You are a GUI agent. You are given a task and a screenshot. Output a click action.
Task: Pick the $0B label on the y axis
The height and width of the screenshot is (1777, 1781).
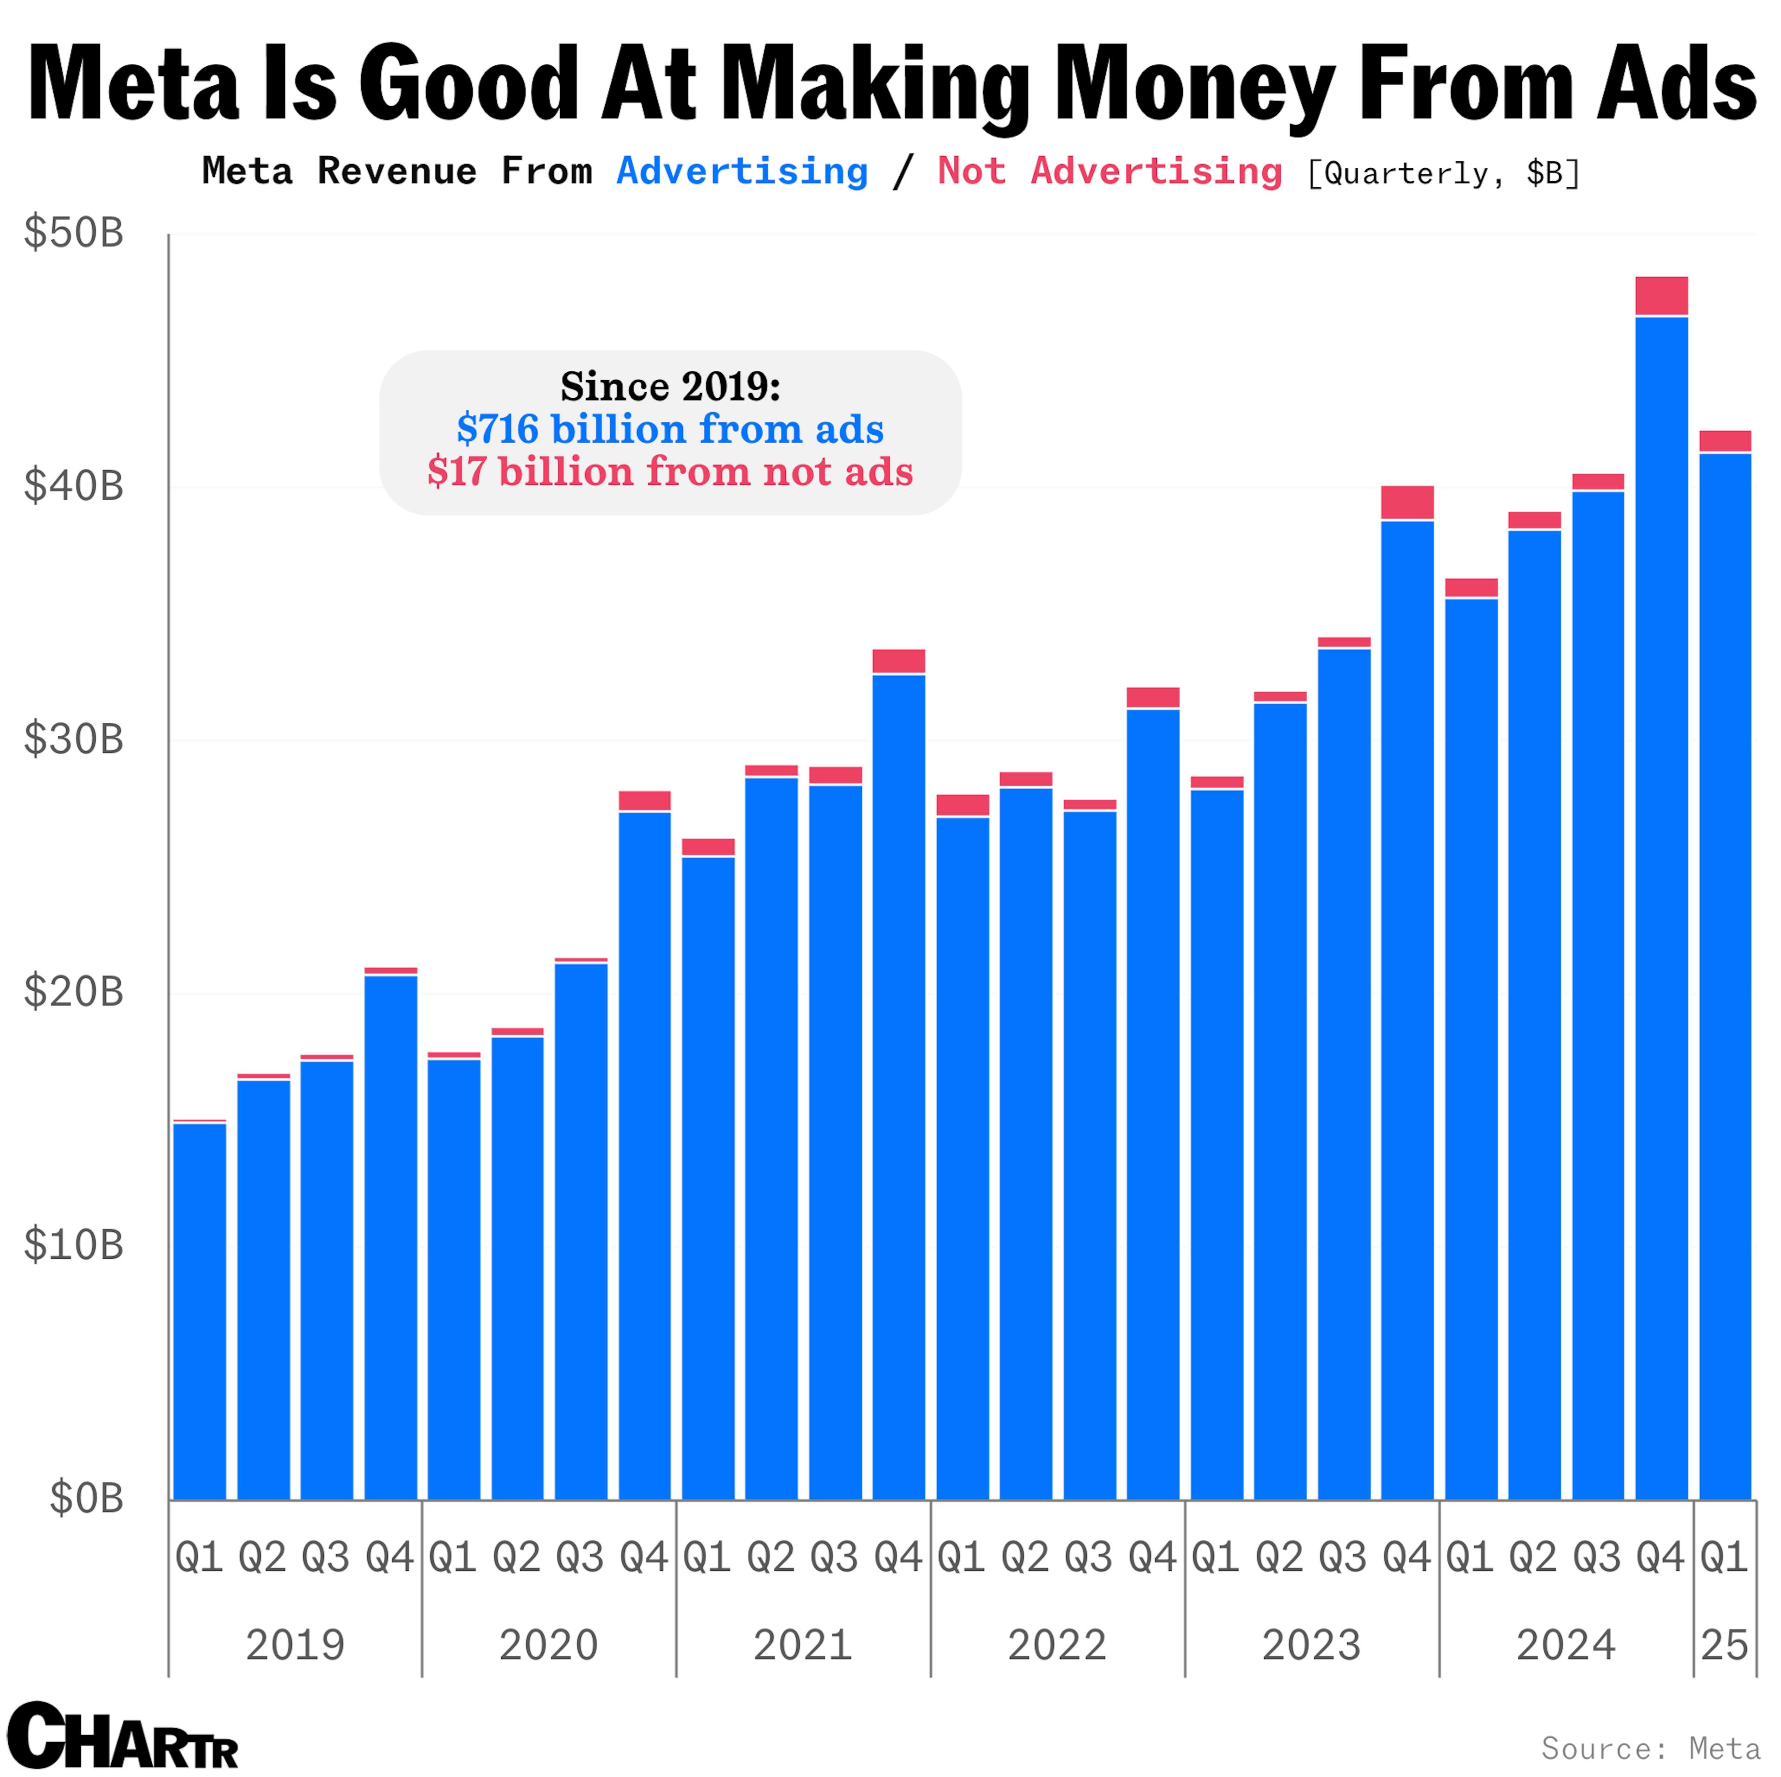[x=86, y=1499]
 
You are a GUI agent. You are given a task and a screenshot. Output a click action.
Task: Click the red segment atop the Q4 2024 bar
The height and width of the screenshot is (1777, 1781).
[x=1661, y=296]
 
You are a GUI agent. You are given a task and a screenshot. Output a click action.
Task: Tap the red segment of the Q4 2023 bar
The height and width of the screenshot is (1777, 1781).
[x=1407, y=502]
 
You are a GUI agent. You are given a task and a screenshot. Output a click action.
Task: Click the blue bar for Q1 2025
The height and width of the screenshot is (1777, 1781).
[x=1725, y=977]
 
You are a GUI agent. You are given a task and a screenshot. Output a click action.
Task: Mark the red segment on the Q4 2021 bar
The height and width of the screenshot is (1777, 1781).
[x=899, y=661]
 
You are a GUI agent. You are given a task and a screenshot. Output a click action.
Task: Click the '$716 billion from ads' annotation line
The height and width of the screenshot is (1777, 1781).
[x=670, y=429]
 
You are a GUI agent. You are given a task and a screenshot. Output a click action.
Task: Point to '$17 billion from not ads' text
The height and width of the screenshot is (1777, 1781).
[x=670, y=472]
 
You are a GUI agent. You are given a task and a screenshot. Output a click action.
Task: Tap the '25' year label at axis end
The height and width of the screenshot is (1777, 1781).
[x=1724, y=1645]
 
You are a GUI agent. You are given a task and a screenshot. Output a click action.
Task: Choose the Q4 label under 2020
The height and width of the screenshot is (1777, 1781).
[x=643, y=1558]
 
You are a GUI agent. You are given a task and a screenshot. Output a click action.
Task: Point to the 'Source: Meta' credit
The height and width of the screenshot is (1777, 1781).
[x=1650, y=1748]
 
